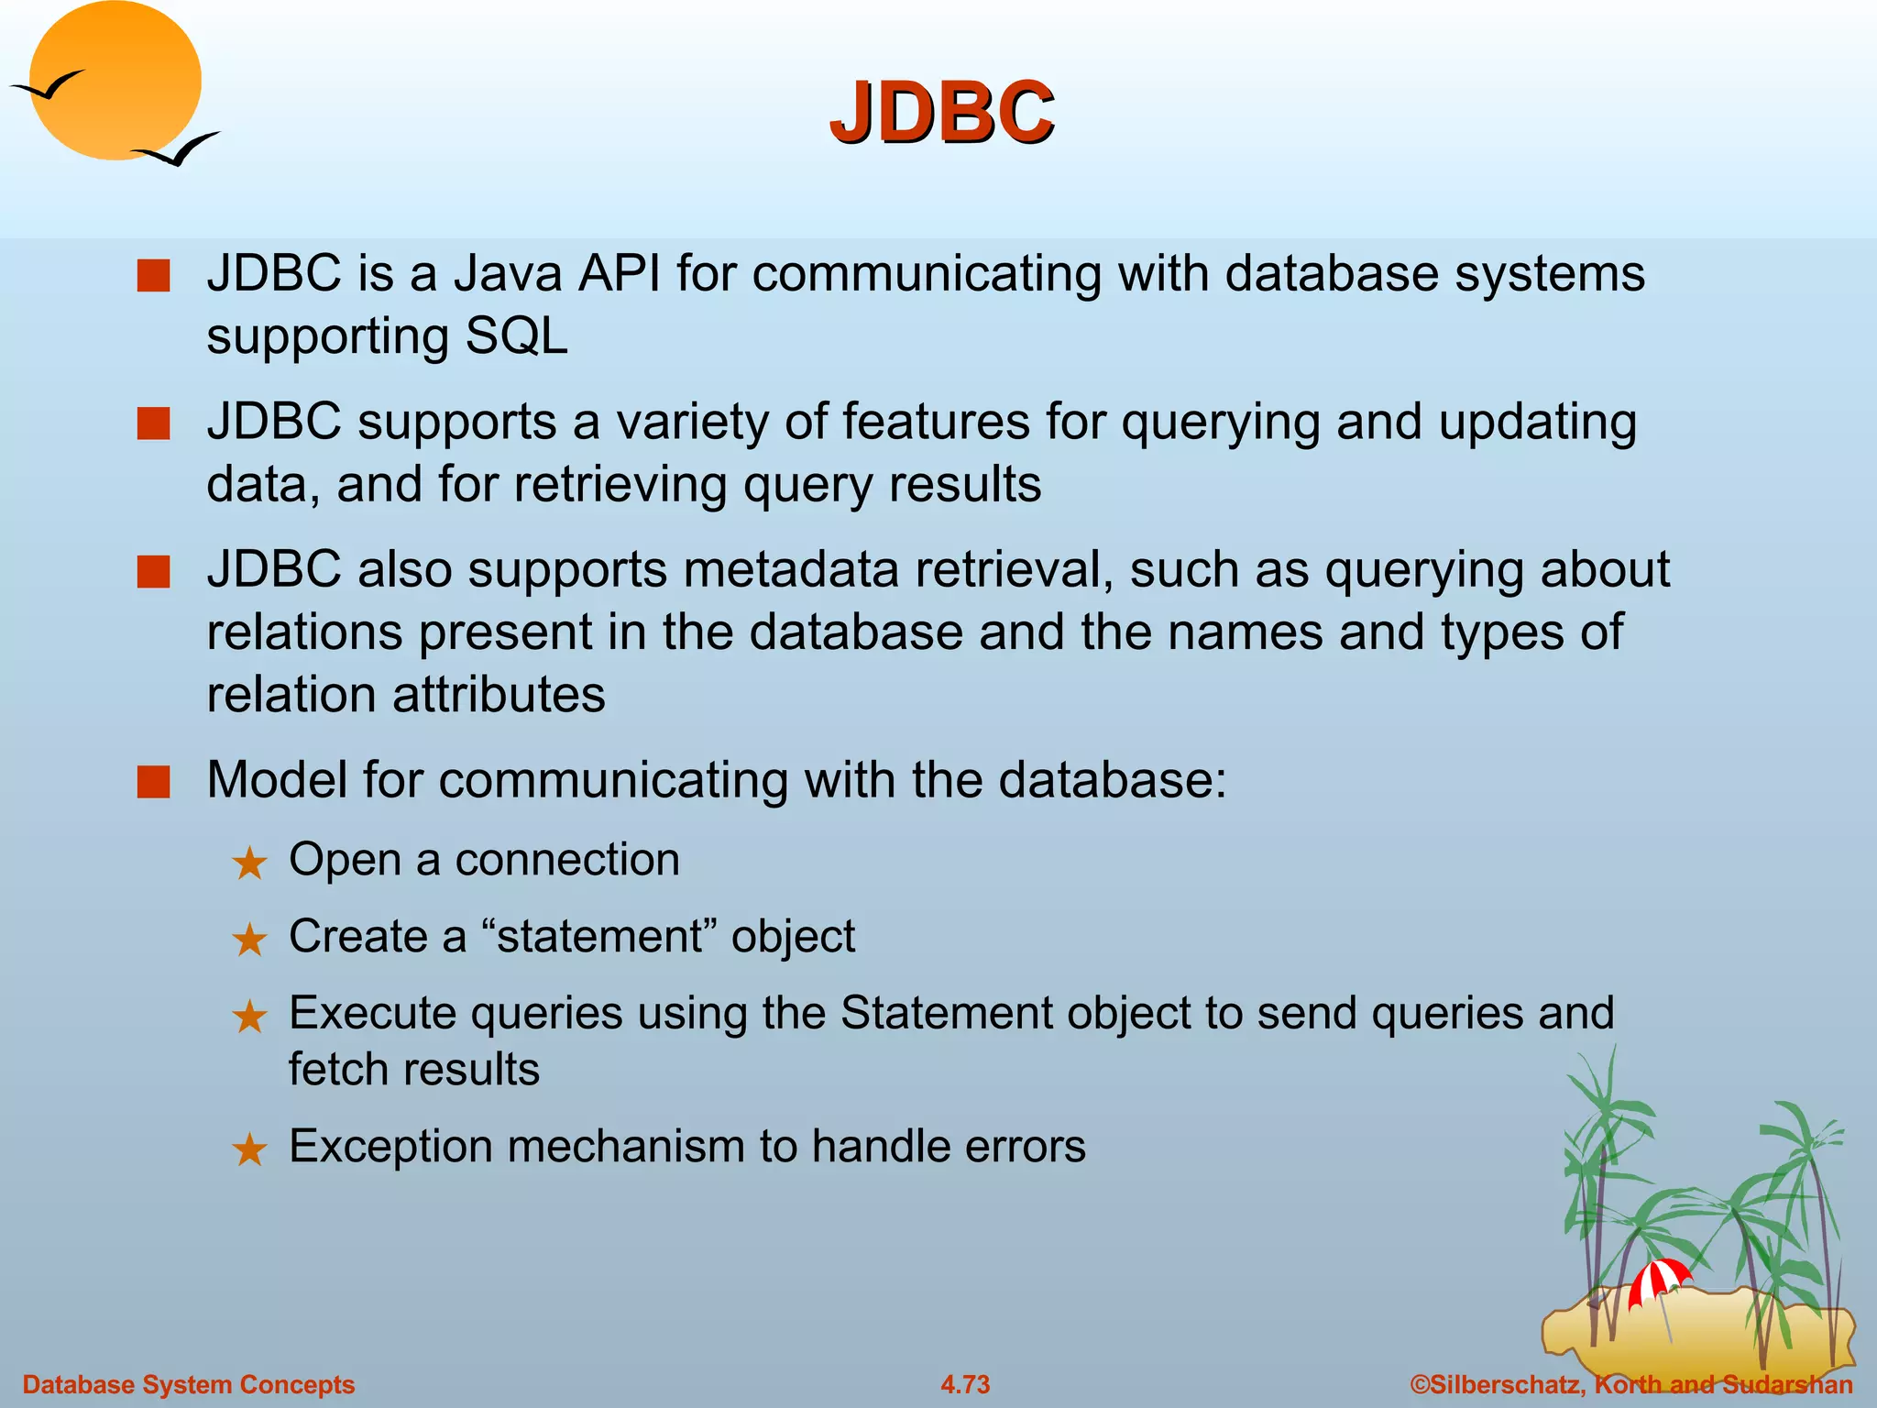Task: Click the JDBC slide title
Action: (x=941, y=114)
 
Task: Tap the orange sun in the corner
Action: (x=115, y=81)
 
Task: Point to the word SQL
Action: (x=516, y=336)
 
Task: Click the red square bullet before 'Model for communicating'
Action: (x=153, y=782)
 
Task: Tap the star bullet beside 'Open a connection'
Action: (x=249, y=863)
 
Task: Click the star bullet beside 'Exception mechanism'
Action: (x=249, y=1149)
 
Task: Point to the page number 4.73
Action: (x=965, y=1384)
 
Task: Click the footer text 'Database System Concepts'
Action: (x=189, y=1384)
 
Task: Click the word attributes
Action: (x=499, y=694)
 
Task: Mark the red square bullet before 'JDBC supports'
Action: (x=153, y=424)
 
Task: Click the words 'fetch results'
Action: (x=414, y=1069)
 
